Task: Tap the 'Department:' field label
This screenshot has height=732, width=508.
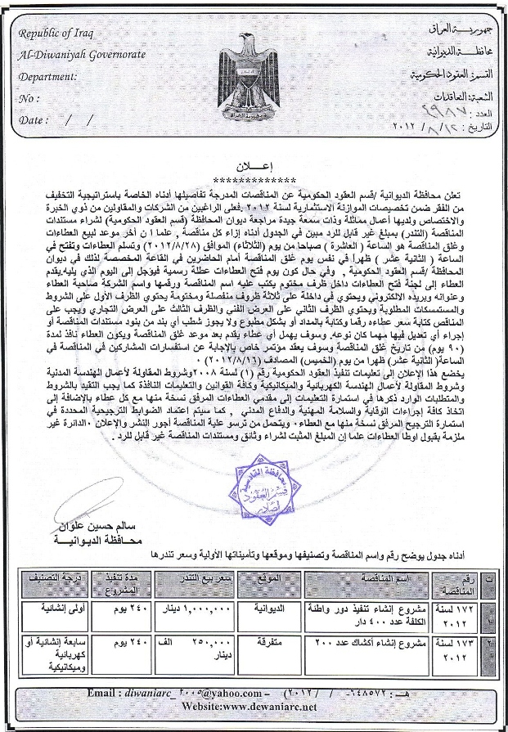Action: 47,77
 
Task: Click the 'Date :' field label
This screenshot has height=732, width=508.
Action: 33,119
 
